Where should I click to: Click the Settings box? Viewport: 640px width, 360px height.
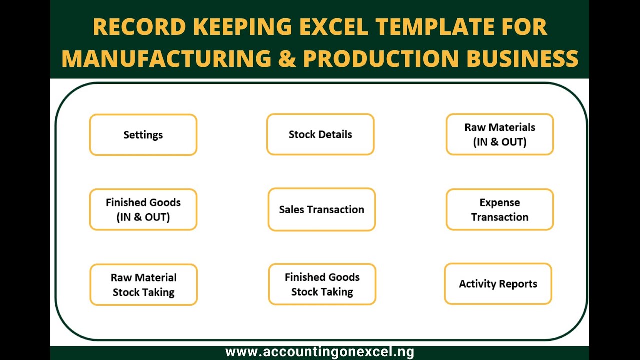143,135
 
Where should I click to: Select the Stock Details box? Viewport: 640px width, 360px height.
320,134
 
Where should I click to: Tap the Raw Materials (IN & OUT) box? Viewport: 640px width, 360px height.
500,134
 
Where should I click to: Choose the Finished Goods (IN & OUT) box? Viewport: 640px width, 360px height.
143,209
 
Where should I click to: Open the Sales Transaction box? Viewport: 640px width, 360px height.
321,209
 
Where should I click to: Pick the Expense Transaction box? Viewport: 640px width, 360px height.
500,209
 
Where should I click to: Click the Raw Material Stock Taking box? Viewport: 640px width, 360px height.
144,284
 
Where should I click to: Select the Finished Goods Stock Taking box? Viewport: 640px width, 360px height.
322,284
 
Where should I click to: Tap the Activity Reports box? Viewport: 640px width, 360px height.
498,284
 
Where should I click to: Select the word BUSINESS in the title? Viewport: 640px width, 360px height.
522,58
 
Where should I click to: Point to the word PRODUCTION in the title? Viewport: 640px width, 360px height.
381,58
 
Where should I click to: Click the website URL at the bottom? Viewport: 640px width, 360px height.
320,352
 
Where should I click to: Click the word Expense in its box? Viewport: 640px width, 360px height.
500,202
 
